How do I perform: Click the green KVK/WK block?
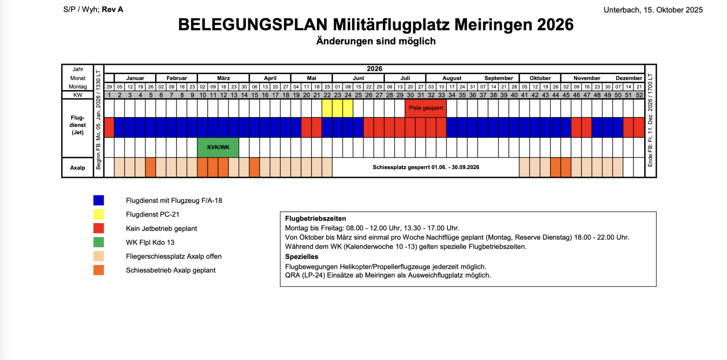pos(218,147)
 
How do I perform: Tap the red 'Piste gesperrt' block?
pos(426,108)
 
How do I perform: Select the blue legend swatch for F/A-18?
pos(99,200)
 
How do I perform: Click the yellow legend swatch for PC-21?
pos(99,214)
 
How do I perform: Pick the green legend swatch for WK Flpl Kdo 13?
pos(99,242)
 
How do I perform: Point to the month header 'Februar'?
pos(176,78)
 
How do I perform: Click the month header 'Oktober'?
pos(540,78)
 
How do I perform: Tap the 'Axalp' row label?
pos(78,168)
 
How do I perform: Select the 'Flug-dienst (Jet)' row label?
pos(78,125)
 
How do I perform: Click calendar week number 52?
pos(639,95)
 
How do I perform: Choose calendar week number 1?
pos(109,95)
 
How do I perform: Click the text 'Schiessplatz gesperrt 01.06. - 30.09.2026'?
pos(426,167)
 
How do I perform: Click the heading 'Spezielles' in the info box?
pos(302,257)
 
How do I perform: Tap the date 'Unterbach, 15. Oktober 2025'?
pos(653,10)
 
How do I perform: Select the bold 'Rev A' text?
pos(112,9)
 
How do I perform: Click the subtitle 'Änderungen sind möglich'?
pos(376,41)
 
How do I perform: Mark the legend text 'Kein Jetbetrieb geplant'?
pos(161,228)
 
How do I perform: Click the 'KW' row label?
pos(78,95)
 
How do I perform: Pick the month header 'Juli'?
pos(405,78)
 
